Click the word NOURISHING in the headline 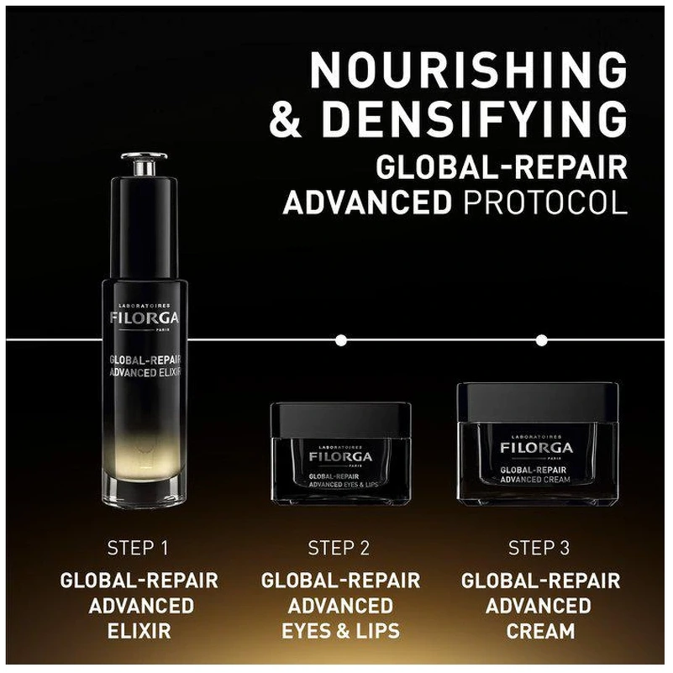[x=469, y=71]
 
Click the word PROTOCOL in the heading [x=545, y=202]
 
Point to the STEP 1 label [x=138, y=548]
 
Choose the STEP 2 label [x=339, y=548]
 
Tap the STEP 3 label [x=539, y=548]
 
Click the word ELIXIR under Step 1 [x=139, y=631]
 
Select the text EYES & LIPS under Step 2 [x=340, y=631]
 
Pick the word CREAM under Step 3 [x=540, y=631]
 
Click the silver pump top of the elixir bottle [x=145, y=164]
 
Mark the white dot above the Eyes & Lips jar [x=341, y=340]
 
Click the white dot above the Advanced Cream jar [x=542, y=340]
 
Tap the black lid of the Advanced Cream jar [x=538, y=402]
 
